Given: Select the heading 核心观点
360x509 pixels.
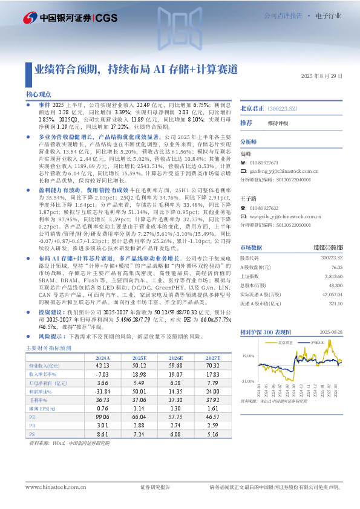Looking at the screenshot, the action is [39, 95].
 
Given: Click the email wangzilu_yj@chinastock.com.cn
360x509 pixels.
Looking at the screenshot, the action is [288, 215].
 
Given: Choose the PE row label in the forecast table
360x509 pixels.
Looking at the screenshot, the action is [33, 417].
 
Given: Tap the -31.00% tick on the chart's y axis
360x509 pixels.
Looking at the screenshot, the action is [248, 381].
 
